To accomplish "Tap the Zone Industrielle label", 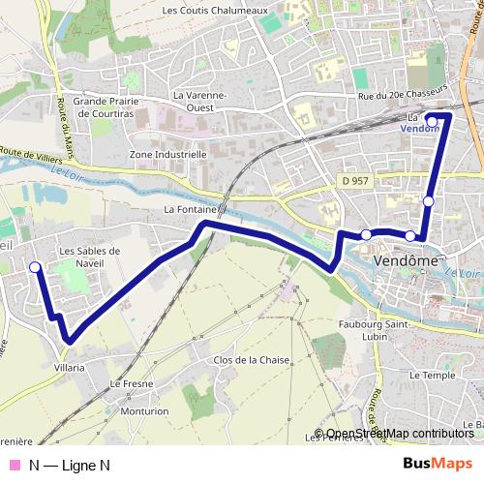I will click(167, 154).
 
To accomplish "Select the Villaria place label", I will click(69, 368).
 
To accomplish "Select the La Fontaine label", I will click(195, 209).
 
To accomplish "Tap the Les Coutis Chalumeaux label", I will click(214, 12).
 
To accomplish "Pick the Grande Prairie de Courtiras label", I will click(108, 106).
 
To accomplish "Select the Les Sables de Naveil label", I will click(89, 257).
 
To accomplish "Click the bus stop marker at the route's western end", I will click(35, 267).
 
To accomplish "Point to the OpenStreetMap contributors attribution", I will click(400, 434).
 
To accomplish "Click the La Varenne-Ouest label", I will click(198, 101).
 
